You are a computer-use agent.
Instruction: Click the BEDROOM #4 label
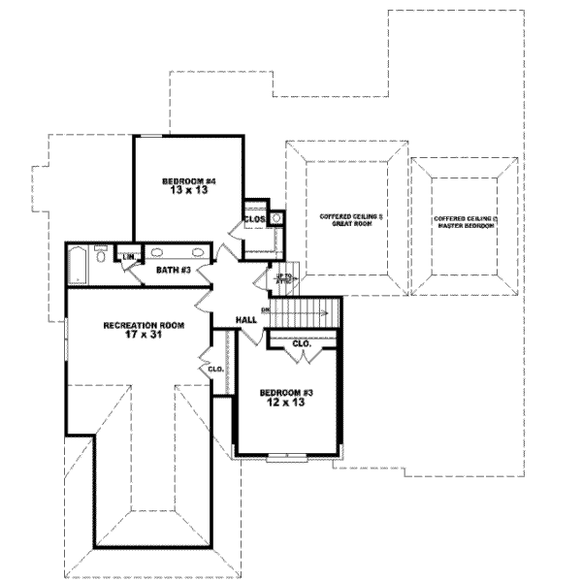coord(184,181)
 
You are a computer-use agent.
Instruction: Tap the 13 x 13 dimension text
coord(184,192)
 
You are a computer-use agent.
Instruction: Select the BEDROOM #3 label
coord(283,393)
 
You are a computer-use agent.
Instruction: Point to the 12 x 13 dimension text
coord(283,404)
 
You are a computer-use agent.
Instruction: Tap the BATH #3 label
coord(171,270)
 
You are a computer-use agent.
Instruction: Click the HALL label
coord(246,319)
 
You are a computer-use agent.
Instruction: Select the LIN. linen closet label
coord(126,256)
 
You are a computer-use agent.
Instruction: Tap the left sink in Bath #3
coord(157,253)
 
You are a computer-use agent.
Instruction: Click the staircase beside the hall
coord(305,313)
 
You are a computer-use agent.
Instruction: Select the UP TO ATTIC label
coord(283,278)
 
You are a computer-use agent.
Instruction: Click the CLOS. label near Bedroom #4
coord(254,219)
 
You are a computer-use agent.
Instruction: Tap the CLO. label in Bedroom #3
coord(301,343)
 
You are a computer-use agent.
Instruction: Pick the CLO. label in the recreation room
coord(213,369)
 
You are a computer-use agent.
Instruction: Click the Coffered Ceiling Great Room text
coord(345,220)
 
